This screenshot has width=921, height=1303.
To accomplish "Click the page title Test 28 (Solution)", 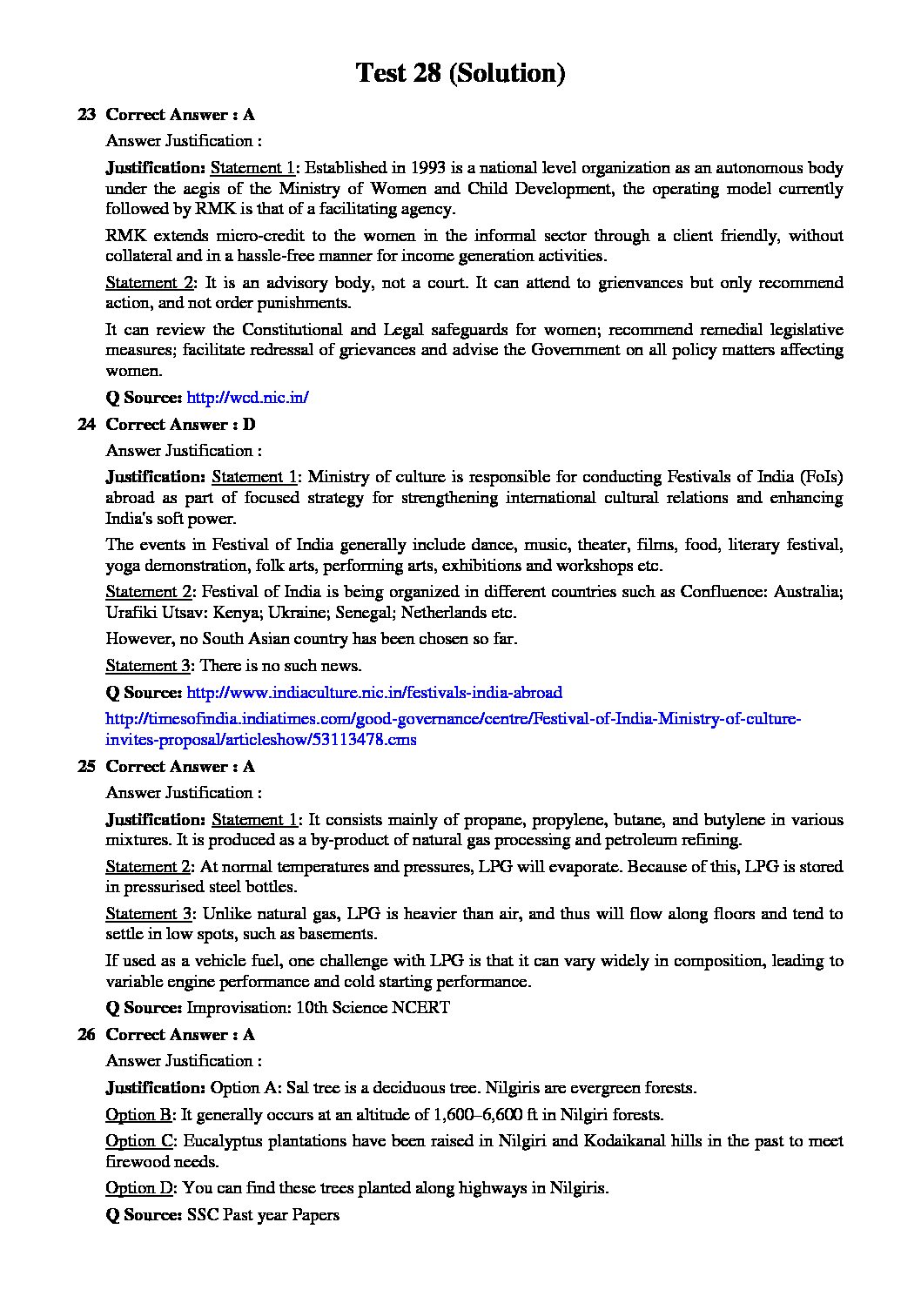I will click(x=460, y=73).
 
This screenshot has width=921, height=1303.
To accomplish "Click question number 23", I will click(x=86, y=114).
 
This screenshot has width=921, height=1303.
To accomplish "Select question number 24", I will click(x=86, y=424).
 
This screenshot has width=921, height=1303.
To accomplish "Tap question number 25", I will click(x=86, y=766).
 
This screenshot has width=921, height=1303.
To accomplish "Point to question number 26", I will click(x=86, y=1034).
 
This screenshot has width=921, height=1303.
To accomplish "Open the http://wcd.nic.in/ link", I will click(x=248, y=397).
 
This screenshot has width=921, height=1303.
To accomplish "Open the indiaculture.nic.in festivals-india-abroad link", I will click(x=374, y=692).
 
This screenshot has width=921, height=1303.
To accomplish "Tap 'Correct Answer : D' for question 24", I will click(x=180, y=424).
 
